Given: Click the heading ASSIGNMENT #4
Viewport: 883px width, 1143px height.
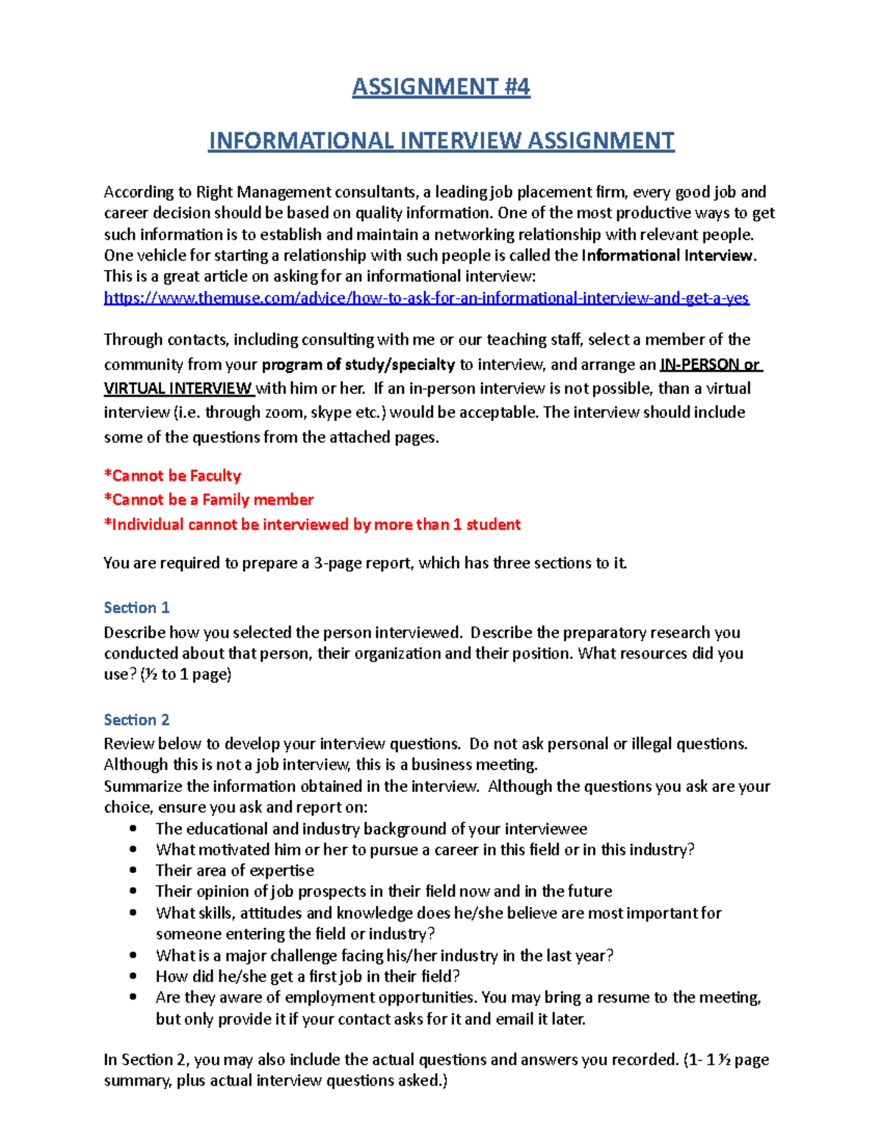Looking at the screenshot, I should [x=441, y=87].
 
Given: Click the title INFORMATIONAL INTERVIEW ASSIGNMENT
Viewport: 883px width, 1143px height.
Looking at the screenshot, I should [x=441, y=141].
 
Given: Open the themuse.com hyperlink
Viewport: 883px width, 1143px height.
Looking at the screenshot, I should [x=426, y=298].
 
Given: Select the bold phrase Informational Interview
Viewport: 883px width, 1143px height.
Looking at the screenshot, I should [x=667, y=255].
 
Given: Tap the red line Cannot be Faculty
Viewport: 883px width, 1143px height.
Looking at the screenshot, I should [x=172, y=475].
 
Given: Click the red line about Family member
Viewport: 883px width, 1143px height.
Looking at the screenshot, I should [x=208, y=500].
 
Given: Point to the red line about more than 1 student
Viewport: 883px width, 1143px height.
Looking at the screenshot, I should [x=312, y=524].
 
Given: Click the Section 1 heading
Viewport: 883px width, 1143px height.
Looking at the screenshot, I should [x=137, y=607].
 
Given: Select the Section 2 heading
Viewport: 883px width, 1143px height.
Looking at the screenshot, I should [x=137, y=719].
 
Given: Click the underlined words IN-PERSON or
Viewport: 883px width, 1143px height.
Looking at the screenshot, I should [x=710, y=364].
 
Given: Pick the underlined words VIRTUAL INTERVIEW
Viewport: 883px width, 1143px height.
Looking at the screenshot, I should [x=178, y=388].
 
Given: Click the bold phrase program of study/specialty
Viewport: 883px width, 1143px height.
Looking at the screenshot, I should [x=358, y=364].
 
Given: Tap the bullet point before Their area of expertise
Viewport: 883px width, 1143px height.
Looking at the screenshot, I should [x=133, y=870].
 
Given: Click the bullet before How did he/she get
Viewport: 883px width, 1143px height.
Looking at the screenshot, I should [x=133, y=976].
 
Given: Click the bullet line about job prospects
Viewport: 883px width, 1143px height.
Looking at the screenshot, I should [x=383, y=891].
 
